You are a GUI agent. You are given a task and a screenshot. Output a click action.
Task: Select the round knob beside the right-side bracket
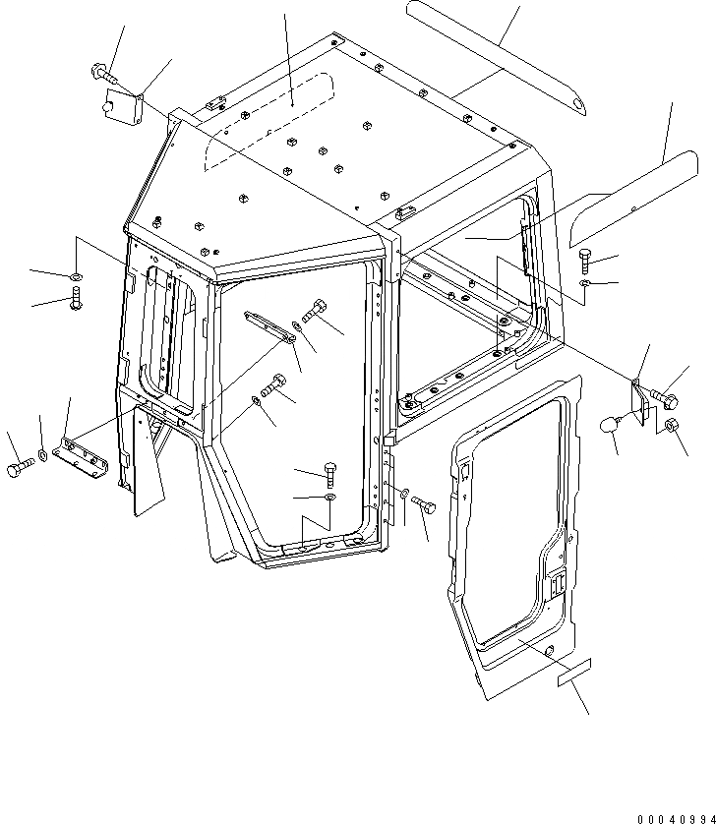tap(610, 429)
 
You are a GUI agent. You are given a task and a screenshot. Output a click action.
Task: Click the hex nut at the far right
tap(672, 425)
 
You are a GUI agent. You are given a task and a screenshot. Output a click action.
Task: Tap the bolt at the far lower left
tap(19, 470)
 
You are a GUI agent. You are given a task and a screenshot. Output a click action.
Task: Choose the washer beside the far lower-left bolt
tap(44, 455)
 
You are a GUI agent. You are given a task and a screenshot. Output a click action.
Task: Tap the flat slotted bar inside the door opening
tap(267, 326)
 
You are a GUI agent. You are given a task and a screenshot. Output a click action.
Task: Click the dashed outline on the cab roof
tap(266, 123)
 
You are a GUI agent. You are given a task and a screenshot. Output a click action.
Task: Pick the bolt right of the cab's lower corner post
tap(425, 503)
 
